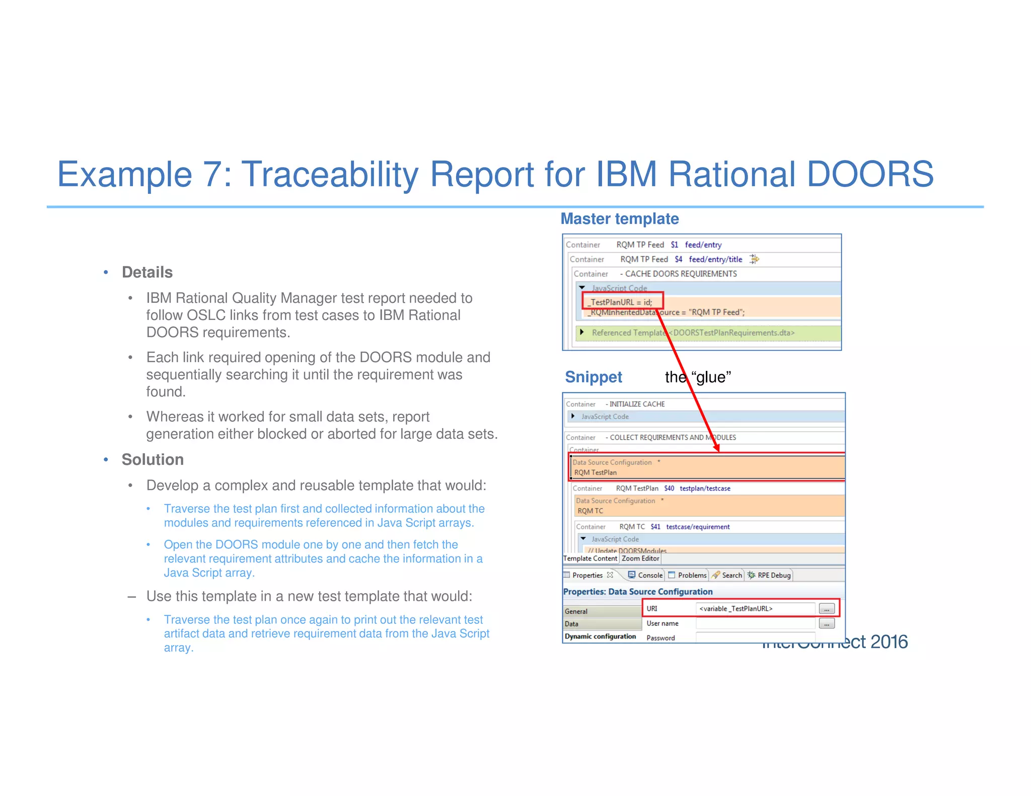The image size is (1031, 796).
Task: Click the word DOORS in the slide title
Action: pyautogui.click(x=870, y=175)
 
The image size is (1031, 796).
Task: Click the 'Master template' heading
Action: pyautogui.click(x=619, y=219)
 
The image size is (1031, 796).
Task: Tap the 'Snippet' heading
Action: pyautogui.click(x=593, y=377)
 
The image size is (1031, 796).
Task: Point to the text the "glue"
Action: pyautogui.click(x=698, y=377)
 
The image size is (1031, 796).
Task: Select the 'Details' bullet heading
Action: pyautogui.click(x=147, y=272)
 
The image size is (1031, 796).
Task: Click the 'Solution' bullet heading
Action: pyautogui.click(x=153, y=459)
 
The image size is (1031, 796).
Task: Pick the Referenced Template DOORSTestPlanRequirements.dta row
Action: pyautogui.click(x=693, y=333)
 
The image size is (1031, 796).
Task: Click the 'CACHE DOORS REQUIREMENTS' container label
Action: pyautogui.click(x=681, y=274)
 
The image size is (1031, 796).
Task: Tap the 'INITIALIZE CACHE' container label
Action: pyautogui.click(x=637, y=404)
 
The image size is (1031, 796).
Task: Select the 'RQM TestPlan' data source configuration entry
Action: pyautogui.click(x=596, y=472)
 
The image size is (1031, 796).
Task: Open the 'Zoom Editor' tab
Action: pyautogui.click(x=640, y=559)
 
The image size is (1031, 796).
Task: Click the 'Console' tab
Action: pyautogui.click(x=649, y=575)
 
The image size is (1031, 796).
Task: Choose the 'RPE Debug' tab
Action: pyautogui.click(x=773, y=575)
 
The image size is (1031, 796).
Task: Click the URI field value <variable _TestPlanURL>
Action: pyautogui.click(x=735, y=609)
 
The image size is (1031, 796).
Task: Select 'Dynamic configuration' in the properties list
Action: pyautogui.click(x=600, y=636)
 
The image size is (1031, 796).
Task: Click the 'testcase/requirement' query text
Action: pyautogui.click(x=698, y=527)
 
